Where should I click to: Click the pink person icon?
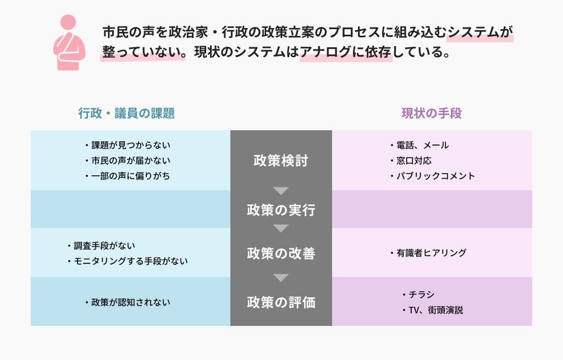(69, 42)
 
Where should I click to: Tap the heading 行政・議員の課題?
(126, 113)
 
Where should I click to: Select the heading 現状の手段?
(432, 113)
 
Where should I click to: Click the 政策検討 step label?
(281, 160)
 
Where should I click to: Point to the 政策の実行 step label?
(281, 210)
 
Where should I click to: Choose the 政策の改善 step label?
(281, 253)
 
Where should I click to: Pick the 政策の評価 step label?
(281, 302)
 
